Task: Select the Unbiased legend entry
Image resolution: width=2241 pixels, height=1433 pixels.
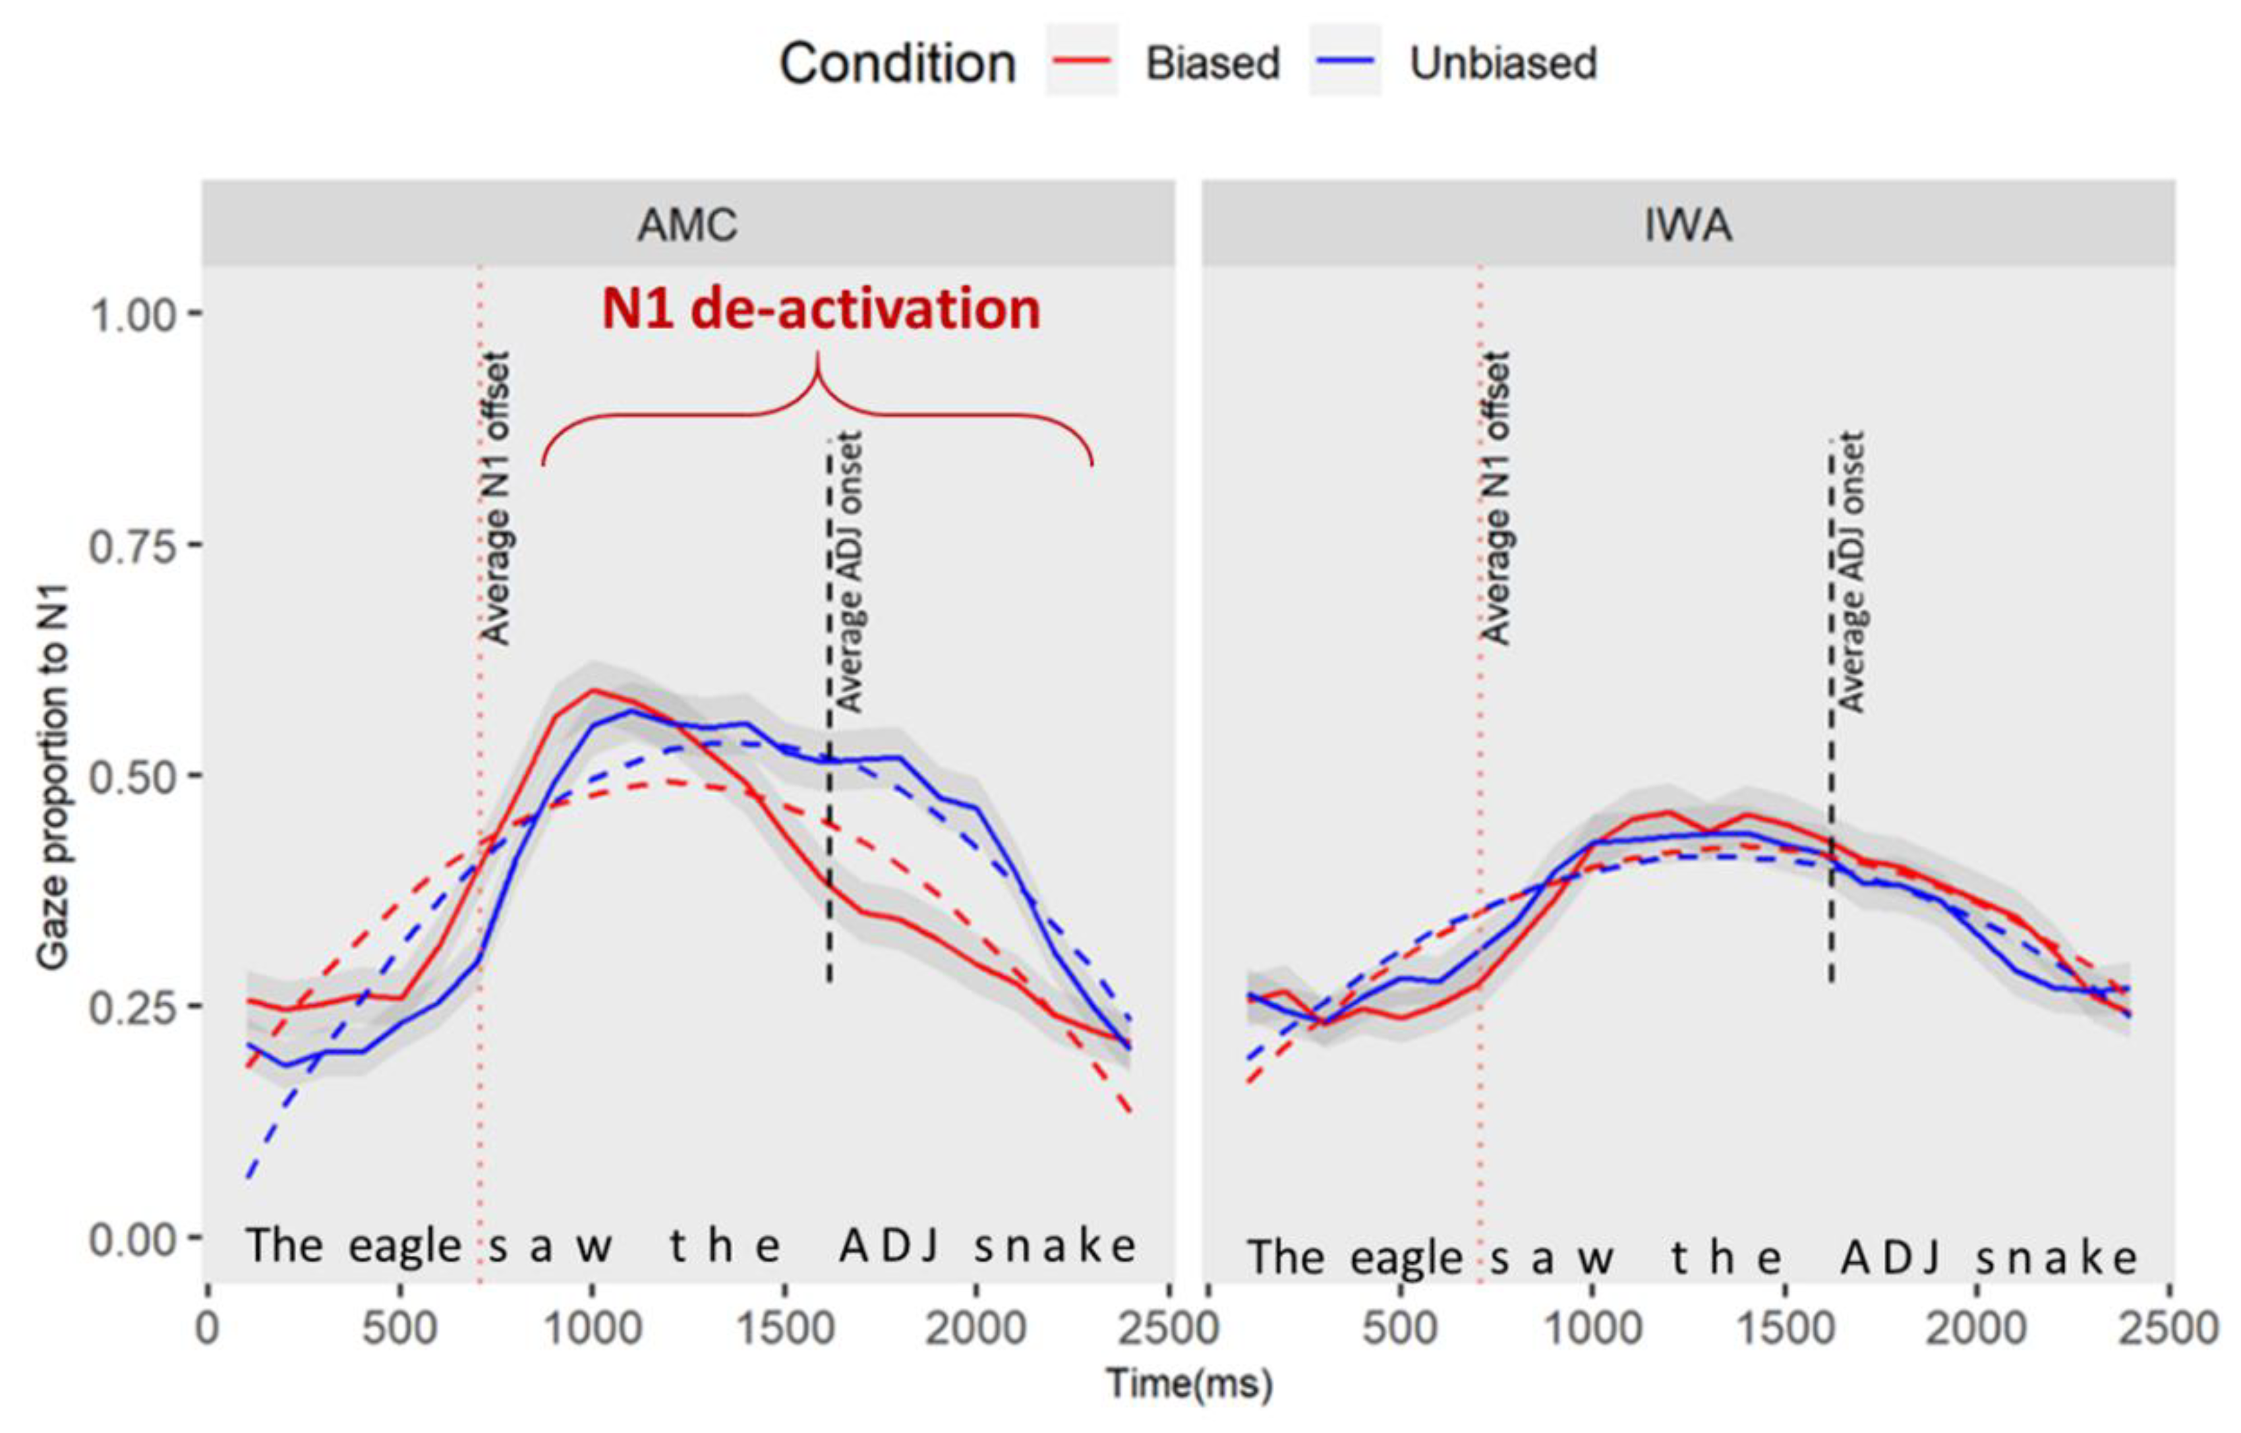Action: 1453,63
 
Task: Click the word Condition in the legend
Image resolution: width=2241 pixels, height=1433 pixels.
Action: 897,63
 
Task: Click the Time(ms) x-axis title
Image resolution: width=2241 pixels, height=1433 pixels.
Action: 1188,1384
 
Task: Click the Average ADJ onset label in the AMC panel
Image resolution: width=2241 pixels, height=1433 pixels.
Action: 848,571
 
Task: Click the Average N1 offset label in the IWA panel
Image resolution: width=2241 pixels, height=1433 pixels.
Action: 1496,498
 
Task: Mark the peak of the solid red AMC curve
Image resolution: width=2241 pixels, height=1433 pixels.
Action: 593,690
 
